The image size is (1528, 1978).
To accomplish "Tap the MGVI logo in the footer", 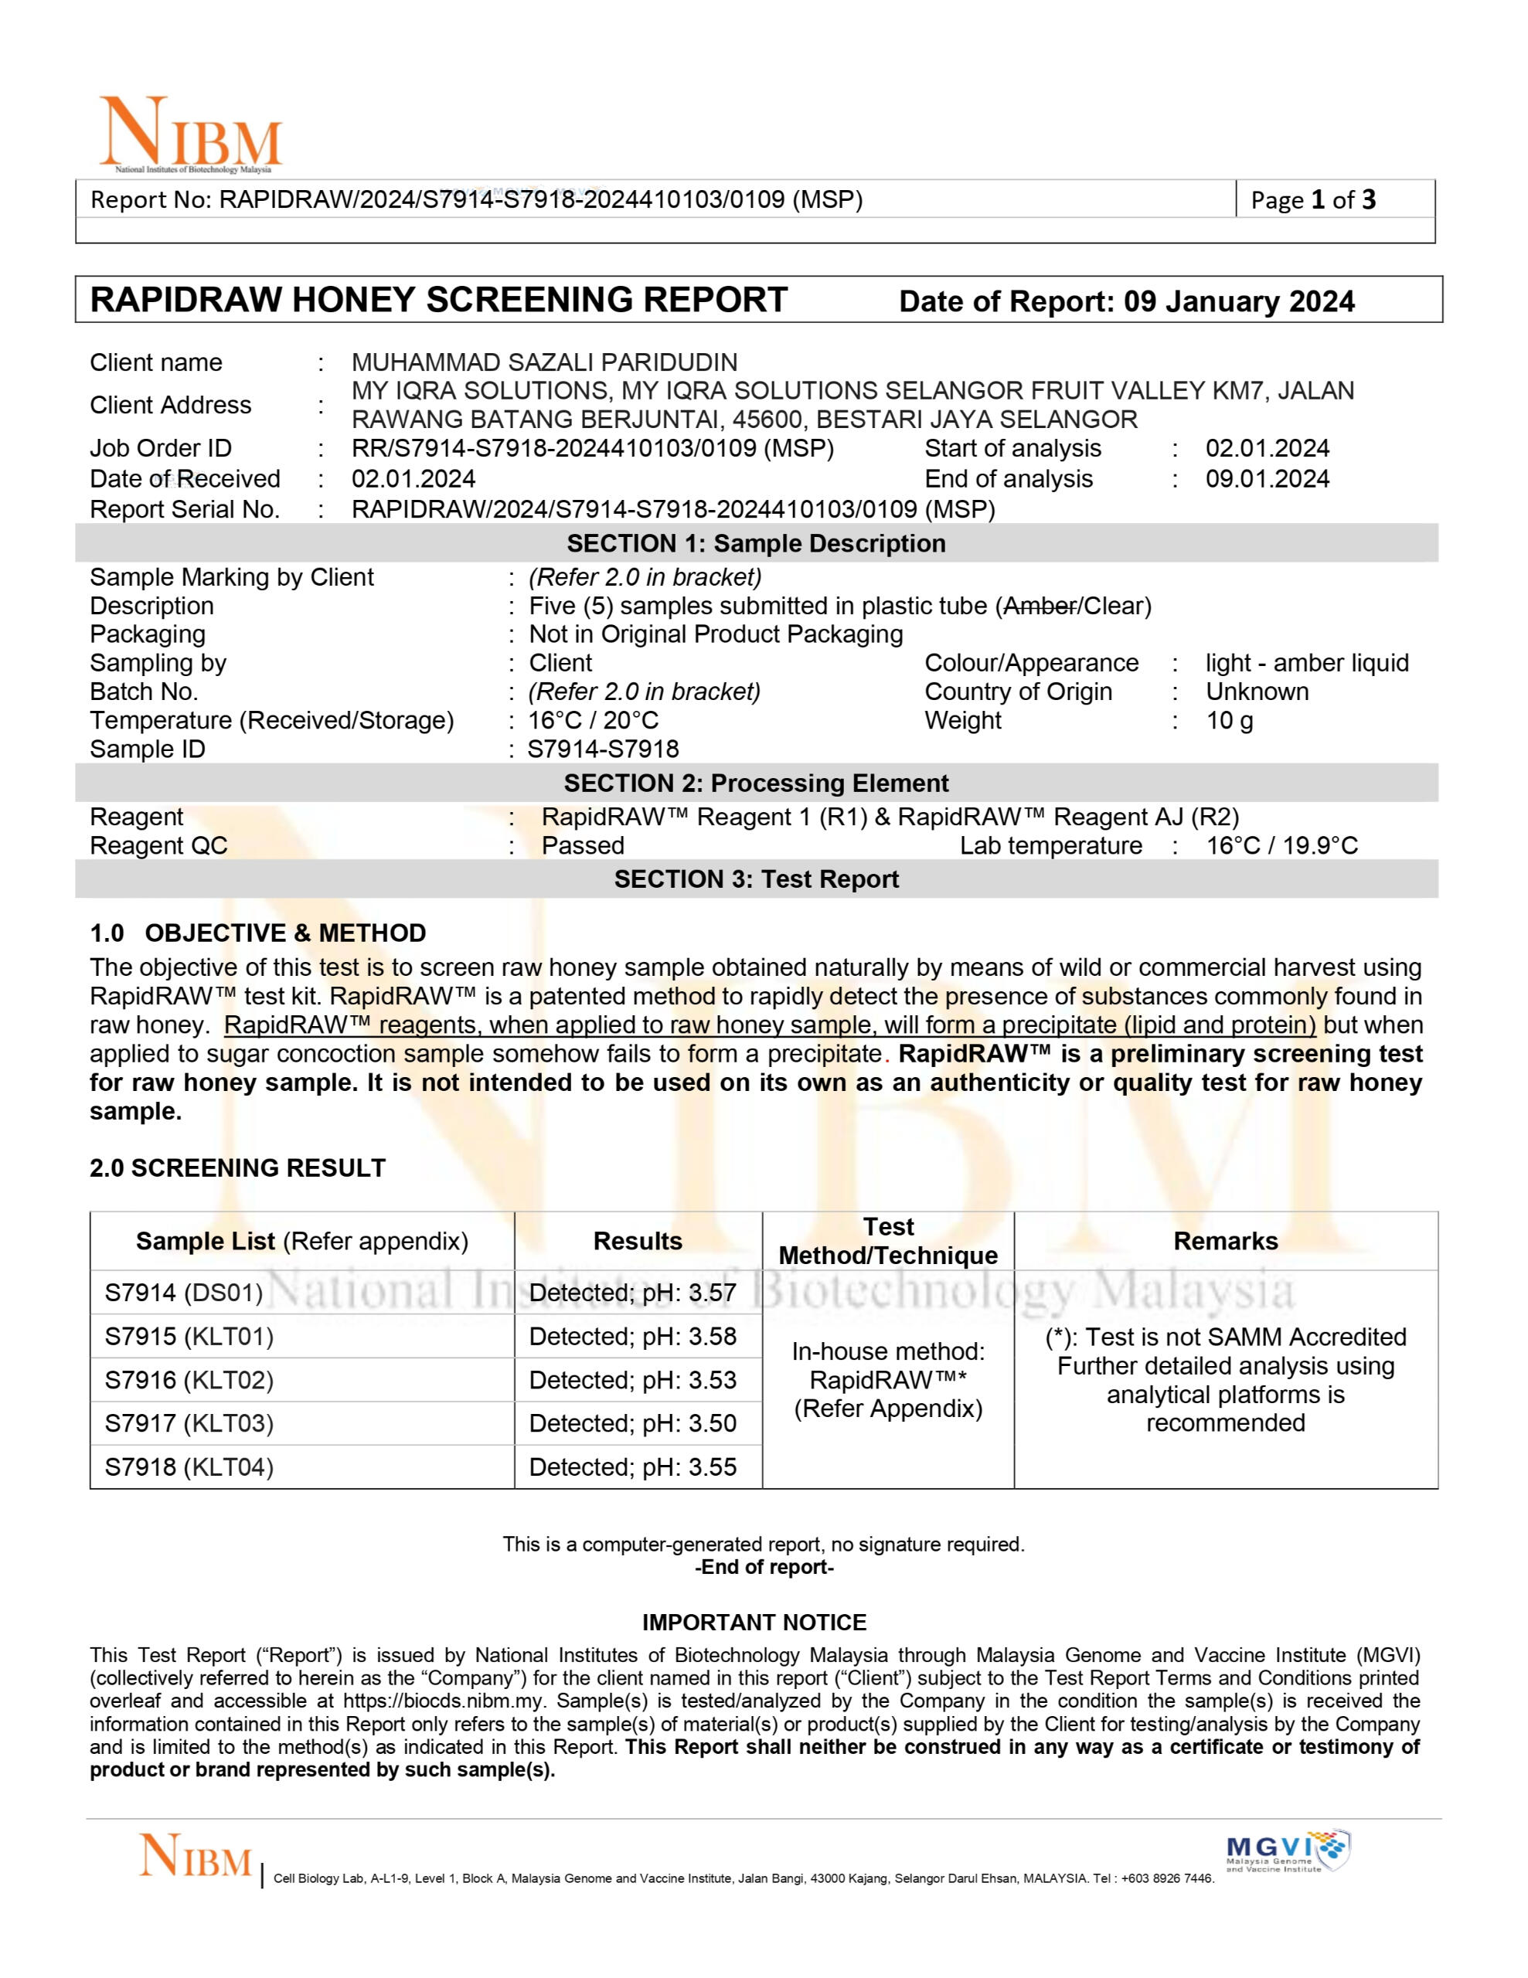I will (x=1286, y=1853).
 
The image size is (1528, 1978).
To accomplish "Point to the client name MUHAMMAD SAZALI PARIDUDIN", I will (x=544, y=363).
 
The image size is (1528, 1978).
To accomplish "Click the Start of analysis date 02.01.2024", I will (x=1266, y=448).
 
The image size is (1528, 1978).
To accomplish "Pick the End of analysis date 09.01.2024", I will (x=1266, y=479).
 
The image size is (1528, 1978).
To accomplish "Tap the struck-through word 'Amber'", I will (x=1039, y=606).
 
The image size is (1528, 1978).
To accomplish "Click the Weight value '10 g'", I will (x=1229, y=721).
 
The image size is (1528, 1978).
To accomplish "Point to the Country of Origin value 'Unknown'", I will (x=1256, y=692).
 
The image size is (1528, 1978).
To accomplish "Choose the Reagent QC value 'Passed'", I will (x=583, y=846).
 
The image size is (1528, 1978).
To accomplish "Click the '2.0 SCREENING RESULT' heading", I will (x=237, y=1168).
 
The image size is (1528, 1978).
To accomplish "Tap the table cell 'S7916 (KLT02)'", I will (x=189, y=1380).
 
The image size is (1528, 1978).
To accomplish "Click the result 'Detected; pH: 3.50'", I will (x=632, y=1424).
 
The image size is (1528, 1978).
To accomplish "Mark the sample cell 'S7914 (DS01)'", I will (x=183, y=1293).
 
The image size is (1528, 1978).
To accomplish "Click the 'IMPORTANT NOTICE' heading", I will (x=754, y=1622).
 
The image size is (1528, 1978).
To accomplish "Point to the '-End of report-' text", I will (x=764, y=1567).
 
